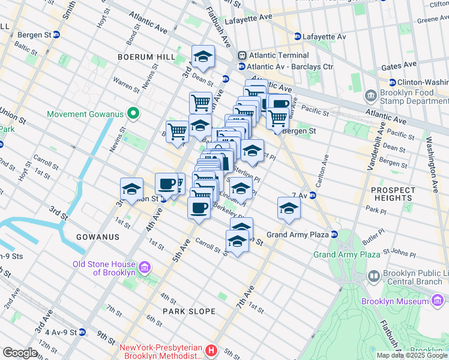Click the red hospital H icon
click(211, 350)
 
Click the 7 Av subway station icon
click(313, 195)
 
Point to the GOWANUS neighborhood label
click(95, 237)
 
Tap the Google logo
click(20, 353)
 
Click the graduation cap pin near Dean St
click(203, 57)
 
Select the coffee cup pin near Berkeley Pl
click(199, 208)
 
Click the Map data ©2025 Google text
click(411, 355)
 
